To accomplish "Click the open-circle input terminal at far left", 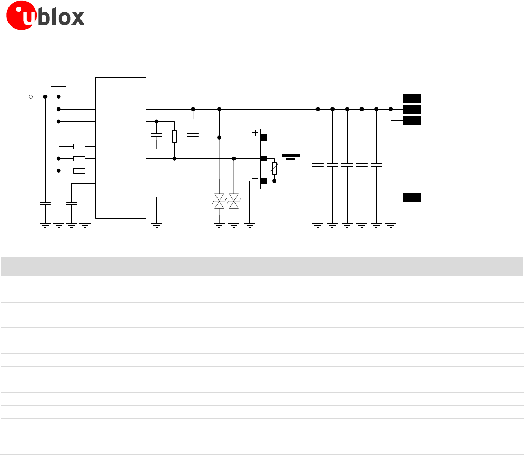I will tap(31, 97).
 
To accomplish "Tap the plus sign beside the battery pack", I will tap(255, 133).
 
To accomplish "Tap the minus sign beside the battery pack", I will tap(255, 179).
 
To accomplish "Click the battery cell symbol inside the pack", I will tap(291, 157).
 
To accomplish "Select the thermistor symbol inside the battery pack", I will tap(274, 169).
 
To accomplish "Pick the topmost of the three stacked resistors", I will tap(79, 147).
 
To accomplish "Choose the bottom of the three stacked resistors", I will tap(79, 171).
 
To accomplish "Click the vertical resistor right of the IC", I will tap(174, 136).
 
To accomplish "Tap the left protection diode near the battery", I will tap(219, 201).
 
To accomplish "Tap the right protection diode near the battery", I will tap(234, 201).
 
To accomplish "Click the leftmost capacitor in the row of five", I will tap(318, 165).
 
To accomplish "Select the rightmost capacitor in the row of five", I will tap(376, 165).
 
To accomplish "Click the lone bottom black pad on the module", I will tap(412, 197).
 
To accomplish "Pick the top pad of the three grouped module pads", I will tap(412, 98).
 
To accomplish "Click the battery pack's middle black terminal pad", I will tap(264, 158).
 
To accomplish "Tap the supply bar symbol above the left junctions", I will tap(59, 86).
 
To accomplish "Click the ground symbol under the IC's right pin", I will tap(156, 225).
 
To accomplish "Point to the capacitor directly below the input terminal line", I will tap(45, 203).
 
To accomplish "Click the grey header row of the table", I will tap(262, 266).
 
